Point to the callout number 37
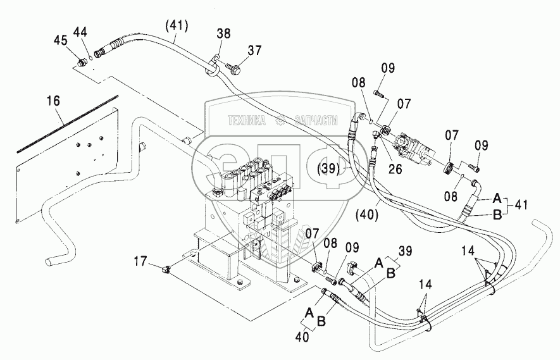(254, 51)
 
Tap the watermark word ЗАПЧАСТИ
(319, 118)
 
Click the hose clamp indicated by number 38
(213, 65)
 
